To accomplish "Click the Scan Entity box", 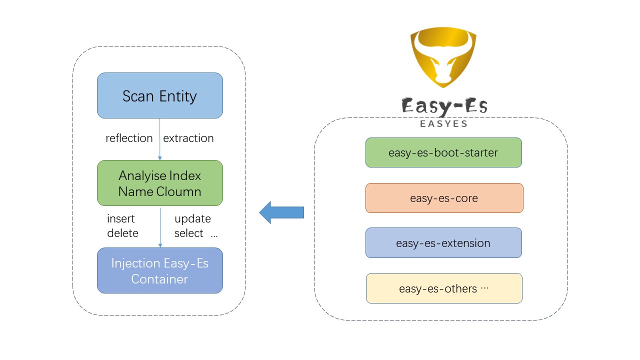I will tap(159, 95).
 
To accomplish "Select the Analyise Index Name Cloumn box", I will tap(159, 183).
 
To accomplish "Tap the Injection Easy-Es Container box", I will tap(159, 270).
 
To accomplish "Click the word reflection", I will tap(129, 138).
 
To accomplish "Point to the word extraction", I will tap(188, 138).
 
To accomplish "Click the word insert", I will tap(121, 219).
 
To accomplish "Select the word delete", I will tap(122, 233).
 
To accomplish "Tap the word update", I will tap(192, 219).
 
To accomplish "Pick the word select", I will tap(188, 233).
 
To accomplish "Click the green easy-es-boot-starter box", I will tap(443, 152).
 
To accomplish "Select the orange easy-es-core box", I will tap(444, 198).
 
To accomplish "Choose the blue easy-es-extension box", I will tap(443, 243).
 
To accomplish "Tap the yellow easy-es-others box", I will tap(444, 288).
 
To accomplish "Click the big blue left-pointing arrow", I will tap(281, 212).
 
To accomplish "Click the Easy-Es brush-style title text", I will tap(444, 106).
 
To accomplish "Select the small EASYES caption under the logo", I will tap(444, 123).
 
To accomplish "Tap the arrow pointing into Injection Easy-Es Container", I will tap(160, 227).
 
